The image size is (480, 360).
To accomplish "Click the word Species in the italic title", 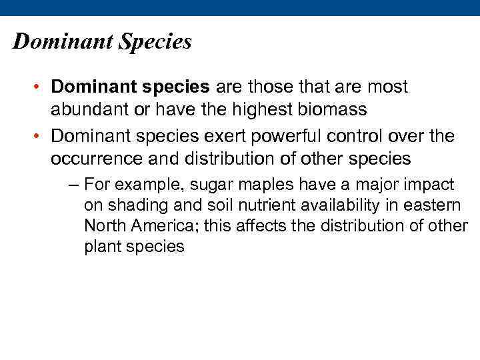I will [155, 42].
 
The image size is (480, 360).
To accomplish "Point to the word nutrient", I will [233, 205].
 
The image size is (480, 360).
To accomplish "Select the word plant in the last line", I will [99, 246].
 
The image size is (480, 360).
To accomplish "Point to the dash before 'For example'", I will [75, 184].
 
